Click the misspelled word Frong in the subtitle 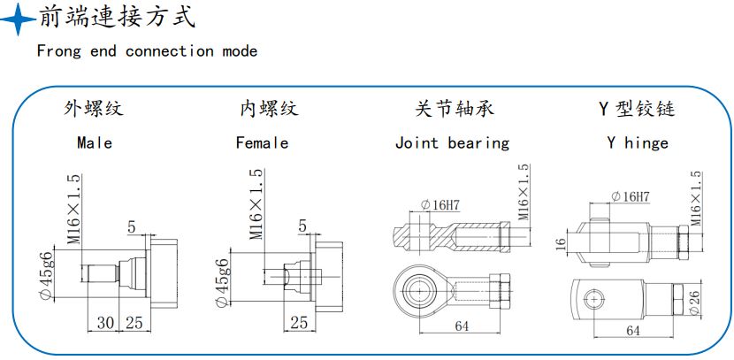point(57,50)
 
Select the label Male point(95,142)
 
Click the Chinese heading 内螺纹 point(270,110)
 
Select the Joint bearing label point(452,142)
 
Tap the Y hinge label point(637,142)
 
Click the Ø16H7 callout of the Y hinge point(631,195)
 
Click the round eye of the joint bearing point(411,287)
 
